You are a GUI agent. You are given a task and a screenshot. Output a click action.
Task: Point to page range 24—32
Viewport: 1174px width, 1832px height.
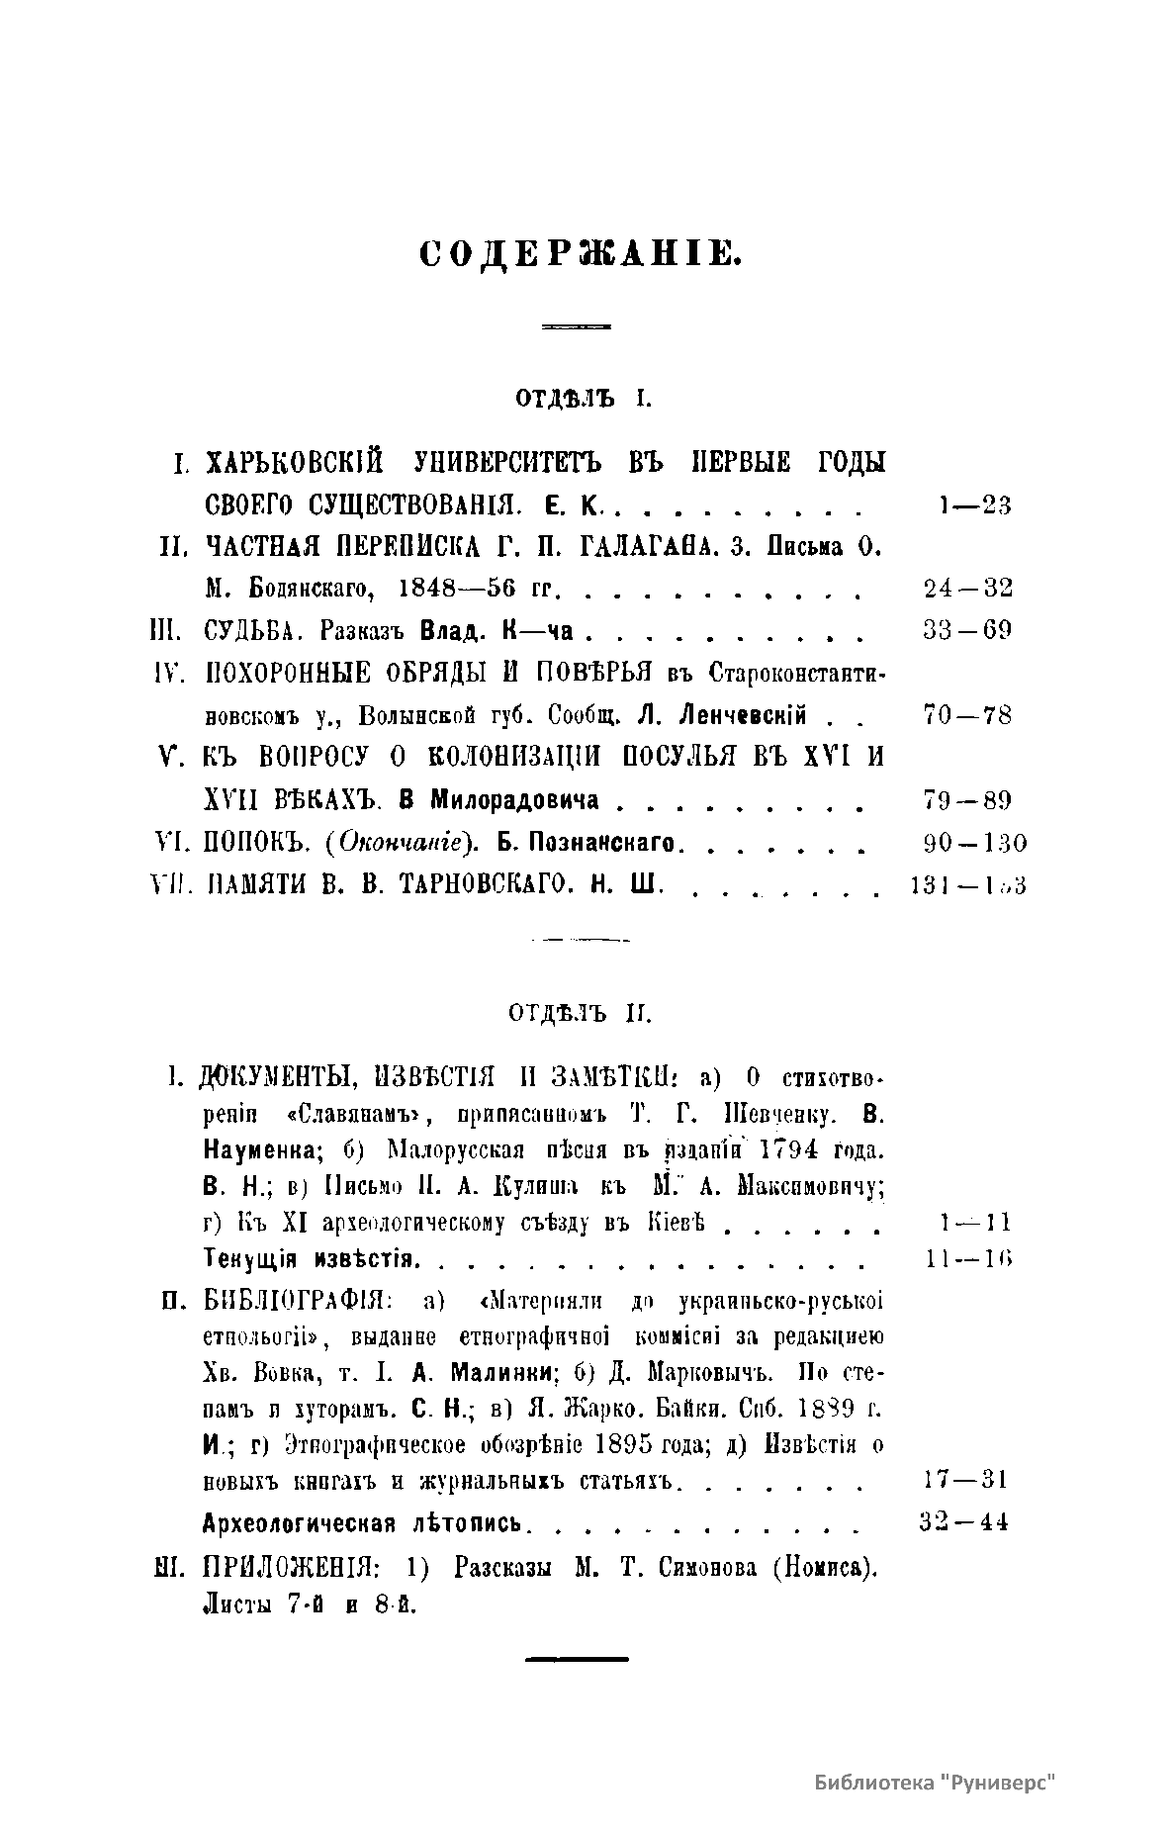pos(967,589)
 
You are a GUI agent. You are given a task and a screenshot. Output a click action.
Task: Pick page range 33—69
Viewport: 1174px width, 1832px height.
pos(967,630)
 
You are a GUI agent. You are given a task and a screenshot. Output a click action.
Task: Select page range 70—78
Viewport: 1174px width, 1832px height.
pos(967,715)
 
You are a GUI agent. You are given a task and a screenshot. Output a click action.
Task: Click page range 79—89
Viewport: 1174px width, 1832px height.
pos(967,799)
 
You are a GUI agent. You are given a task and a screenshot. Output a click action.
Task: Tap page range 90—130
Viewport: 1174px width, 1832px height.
pos(972,843)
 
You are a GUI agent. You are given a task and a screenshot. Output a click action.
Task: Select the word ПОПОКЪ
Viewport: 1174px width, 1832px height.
pos(256,844)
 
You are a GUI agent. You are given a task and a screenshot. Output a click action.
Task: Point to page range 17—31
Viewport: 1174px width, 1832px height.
pos(963,1480)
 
